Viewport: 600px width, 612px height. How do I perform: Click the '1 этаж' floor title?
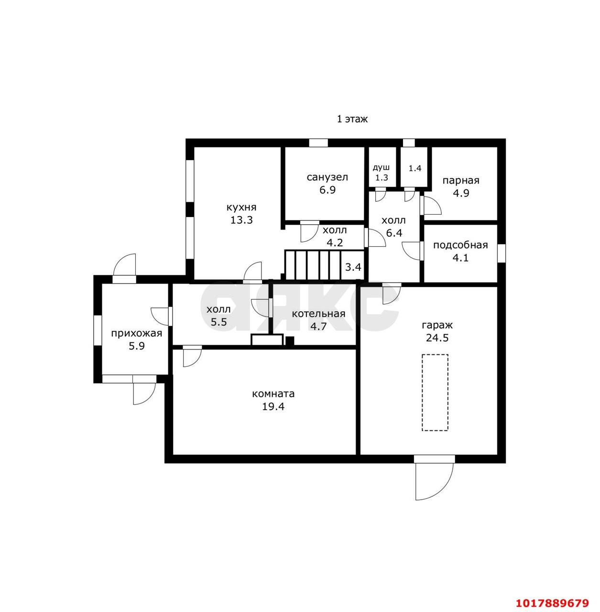352,119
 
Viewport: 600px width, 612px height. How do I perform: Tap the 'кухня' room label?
241,208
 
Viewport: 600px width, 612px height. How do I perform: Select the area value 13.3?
241,220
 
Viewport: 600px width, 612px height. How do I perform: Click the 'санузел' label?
327,177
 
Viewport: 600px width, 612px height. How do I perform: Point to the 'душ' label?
381,168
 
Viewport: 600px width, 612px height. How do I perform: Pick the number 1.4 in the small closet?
415,168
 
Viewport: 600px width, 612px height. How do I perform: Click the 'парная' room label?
460,181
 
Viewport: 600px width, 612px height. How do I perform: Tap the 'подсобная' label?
460,245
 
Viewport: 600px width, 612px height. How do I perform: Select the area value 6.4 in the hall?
394,233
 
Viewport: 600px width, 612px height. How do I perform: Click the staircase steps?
313,265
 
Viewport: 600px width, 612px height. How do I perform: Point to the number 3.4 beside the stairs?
353,267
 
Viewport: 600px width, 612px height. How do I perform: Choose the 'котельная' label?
318,314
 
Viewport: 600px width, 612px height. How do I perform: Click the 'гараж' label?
437,325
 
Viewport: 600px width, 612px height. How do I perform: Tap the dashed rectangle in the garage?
435,393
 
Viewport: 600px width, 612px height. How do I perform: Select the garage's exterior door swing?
435,481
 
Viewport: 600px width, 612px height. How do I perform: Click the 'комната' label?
273,394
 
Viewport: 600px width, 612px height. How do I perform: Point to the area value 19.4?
273,406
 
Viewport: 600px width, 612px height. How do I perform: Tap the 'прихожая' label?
137,333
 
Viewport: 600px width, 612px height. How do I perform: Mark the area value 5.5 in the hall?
219,322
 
